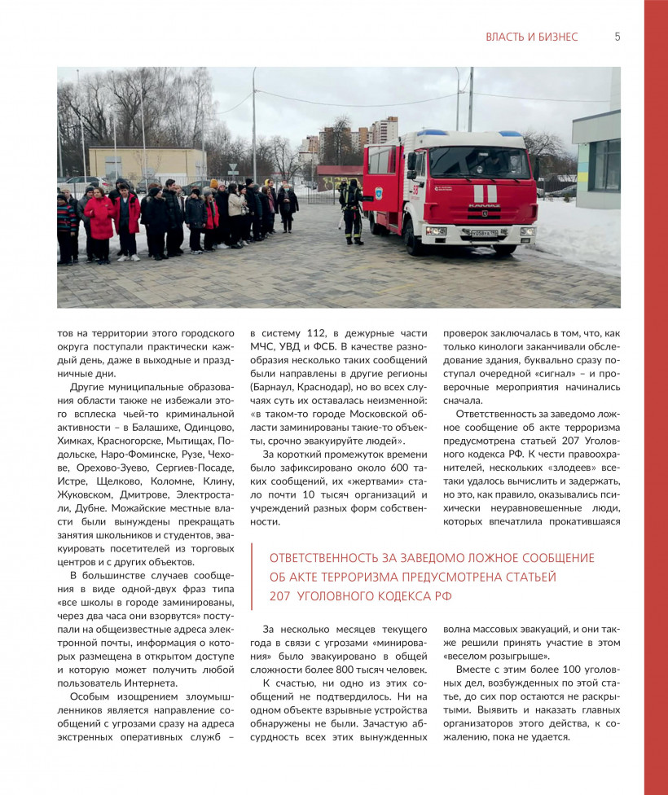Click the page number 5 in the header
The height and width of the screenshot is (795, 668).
click(x=617, y=37)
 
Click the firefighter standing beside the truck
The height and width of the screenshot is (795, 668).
click(x=353, y=210)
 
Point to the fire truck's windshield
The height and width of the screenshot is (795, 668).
click(x=480, y=162)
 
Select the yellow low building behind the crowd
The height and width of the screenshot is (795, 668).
click(x=147, y=165)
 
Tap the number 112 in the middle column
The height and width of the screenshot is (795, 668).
click(x=312, y=333)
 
